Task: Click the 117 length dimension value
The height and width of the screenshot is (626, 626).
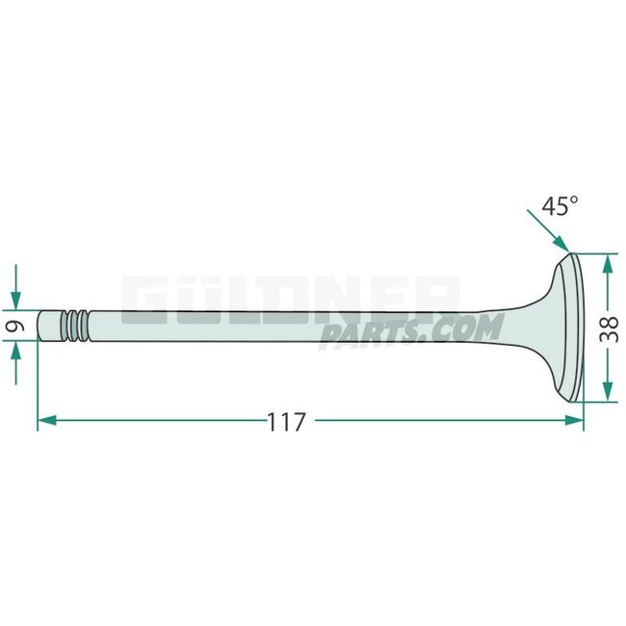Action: click(x=286, y=421)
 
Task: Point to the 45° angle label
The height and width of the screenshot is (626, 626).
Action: click(x=560, y=206)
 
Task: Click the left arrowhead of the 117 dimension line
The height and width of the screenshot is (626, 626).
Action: click(x=45, y=420)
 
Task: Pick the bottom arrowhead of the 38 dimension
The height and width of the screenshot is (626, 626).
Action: click(x=608, y=393)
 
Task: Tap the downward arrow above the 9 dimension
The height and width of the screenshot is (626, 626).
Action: click(x=15, y=298)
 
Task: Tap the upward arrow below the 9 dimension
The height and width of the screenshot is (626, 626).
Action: click(x=15, y=353)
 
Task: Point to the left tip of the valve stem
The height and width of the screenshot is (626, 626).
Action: click(x=41, y=326)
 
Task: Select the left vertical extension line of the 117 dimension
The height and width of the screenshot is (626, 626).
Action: click(x=38, y=385)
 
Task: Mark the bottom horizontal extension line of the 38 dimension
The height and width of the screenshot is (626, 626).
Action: click(x=597, y=402)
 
